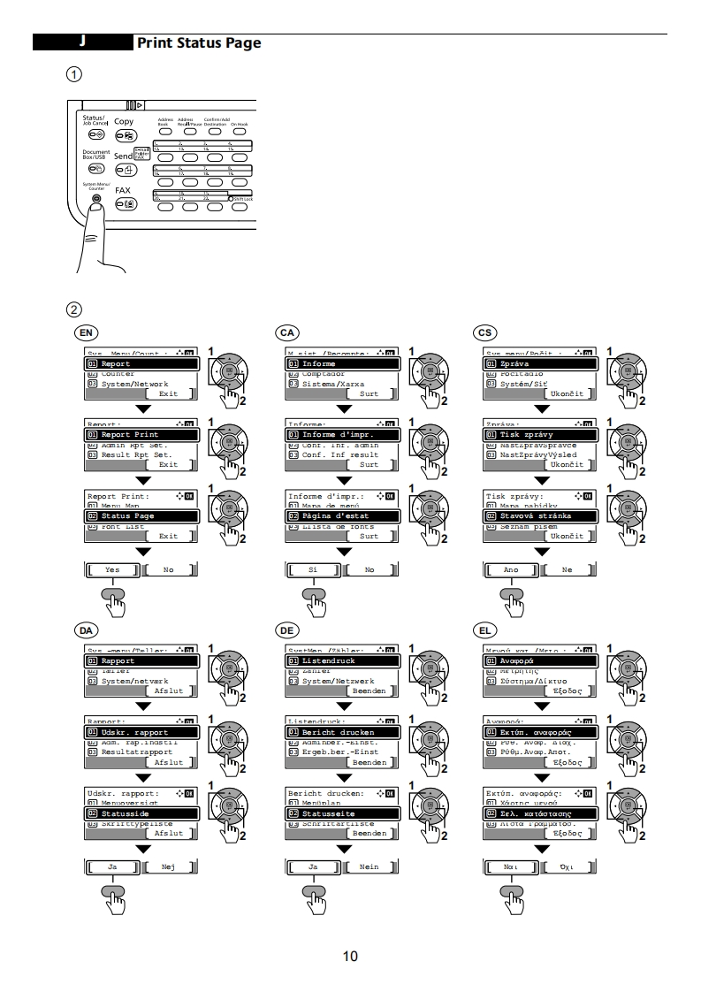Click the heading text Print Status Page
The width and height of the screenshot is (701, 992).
[199, 42]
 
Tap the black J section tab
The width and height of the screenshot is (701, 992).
[81, 42]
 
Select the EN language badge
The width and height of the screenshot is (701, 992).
[86, 332]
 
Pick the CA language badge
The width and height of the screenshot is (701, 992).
[286, 332]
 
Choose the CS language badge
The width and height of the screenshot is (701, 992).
[484, 332]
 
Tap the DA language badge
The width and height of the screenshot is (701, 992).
[86, 630]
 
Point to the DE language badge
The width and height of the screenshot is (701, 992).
[286, 630]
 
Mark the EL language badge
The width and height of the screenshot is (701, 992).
[484, 630]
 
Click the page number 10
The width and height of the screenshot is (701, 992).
[350, 956]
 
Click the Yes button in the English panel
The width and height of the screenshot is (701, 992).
[112, 570]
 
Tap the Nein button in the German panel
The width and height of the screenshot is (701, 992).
[369, 867]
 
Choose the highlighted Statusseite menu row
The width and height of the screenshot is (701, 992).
[344, 813]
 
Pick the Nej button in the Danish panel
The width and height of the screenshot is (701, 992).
[168, 867]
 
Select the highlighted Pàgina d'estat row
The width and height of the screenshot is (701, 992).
[344, 515]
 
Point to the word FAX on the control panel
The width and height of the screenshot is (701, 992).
[123, 190]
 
